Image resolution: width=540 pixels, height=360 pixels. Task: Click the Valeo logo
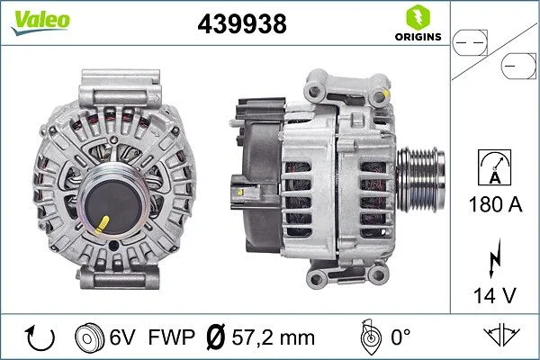(33, 20)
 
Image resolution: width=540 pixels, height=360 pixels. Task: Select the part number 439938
(242, 25)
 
